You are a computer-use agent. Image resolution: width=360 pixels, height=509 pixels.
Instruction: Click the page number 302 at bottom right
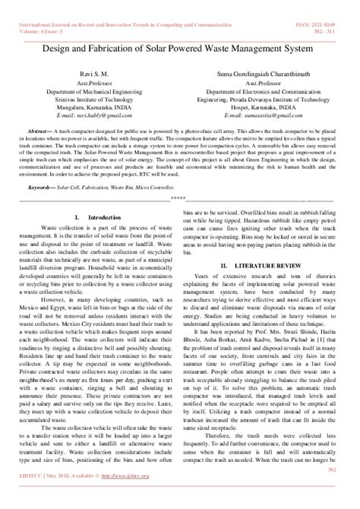click(333, 490)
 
